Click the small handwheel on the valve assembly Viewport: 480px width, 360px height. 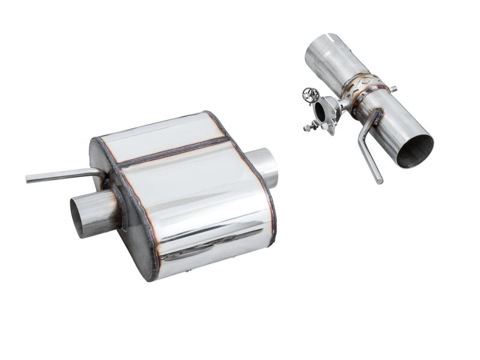click(310, 94)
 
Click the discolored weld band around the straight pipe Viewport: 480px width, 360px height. click(362, 96)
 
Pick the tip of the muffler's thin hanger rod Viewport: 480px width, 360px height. click(29, 179)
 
